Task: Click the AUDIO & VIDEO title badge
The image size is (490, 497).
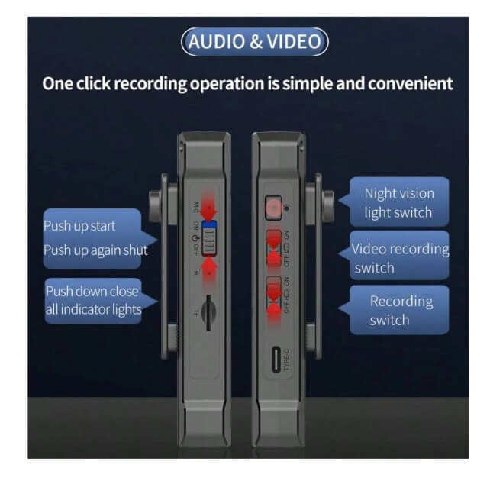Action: point(254,41)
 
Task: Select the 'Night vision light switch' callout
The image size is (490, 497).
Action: point(398,203)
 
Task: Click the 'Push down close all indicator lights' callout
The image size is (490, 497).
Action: point(93,300)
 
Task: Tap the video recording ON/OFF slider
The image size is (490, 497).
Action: point(272,247)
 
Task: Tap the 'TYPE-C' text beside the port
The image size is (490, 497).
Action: point(287,359)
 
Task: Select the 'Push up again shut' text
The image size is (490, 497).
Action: point(95,250)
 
